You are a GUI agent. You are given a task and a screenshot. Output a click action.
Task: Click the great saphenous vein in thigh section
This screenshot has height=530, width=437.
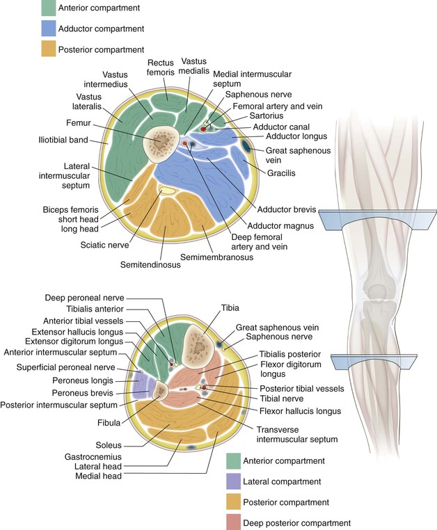tap(247, 146)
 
